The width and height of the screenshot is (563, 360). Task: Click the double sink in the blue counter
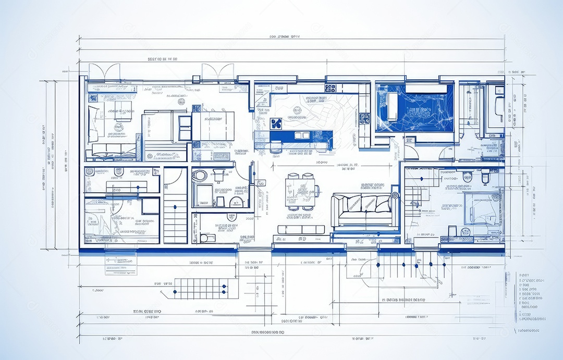pyautogui.click(x=302, y=135)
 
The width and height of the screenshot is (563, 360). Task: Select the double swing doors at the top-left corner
pyautogui.click(x=104, y=71)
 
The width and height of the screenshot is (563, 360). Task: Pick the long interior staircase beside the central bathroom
pyautogui.click(x=175, y=206)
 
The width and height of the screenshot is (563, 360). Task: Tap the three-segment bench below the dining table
pyautogui.click(x=301, y=229)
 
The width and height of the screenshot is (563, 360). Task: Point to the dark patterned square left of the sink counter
pyautogui.click(x=276, y=123)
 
